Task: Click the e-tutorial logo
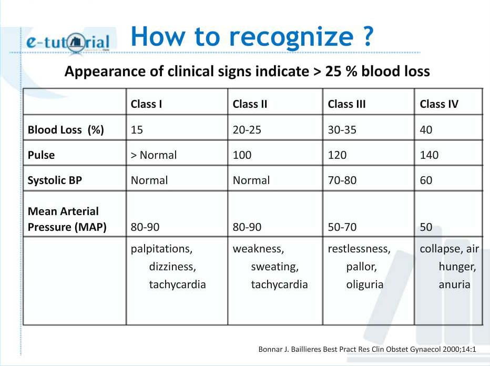tap(68, 42)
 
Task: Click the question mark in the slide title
tap(369, 36)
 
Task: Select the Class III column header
tap(346, 104)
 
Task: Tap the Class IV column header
tap(439, 104)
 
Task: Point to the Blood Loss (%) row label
tap(66, 130)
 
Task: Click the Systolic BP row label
tap(55, 180)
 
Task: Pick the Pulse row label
tap(41, 155)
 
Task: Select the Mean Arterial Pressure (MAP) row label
tap(67, 219)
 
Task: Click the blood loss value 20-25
tap(247, 130)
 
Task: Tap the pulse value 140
tap(429, 155)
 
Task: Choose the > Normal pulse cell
tap(154, 155)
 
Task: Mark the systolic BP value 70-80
tap(342, 180)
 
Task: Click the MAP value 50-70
tap(342, 227)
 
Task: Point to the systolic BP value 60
tap(426, 180)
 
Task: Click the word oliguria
tap(365, 284)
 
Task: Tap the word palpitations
tap(161, 249)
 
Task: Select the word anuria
tap(454, 284)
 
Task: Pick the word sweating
tap(274, 267)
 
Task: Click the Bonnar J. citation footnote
tap(367, 349)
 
